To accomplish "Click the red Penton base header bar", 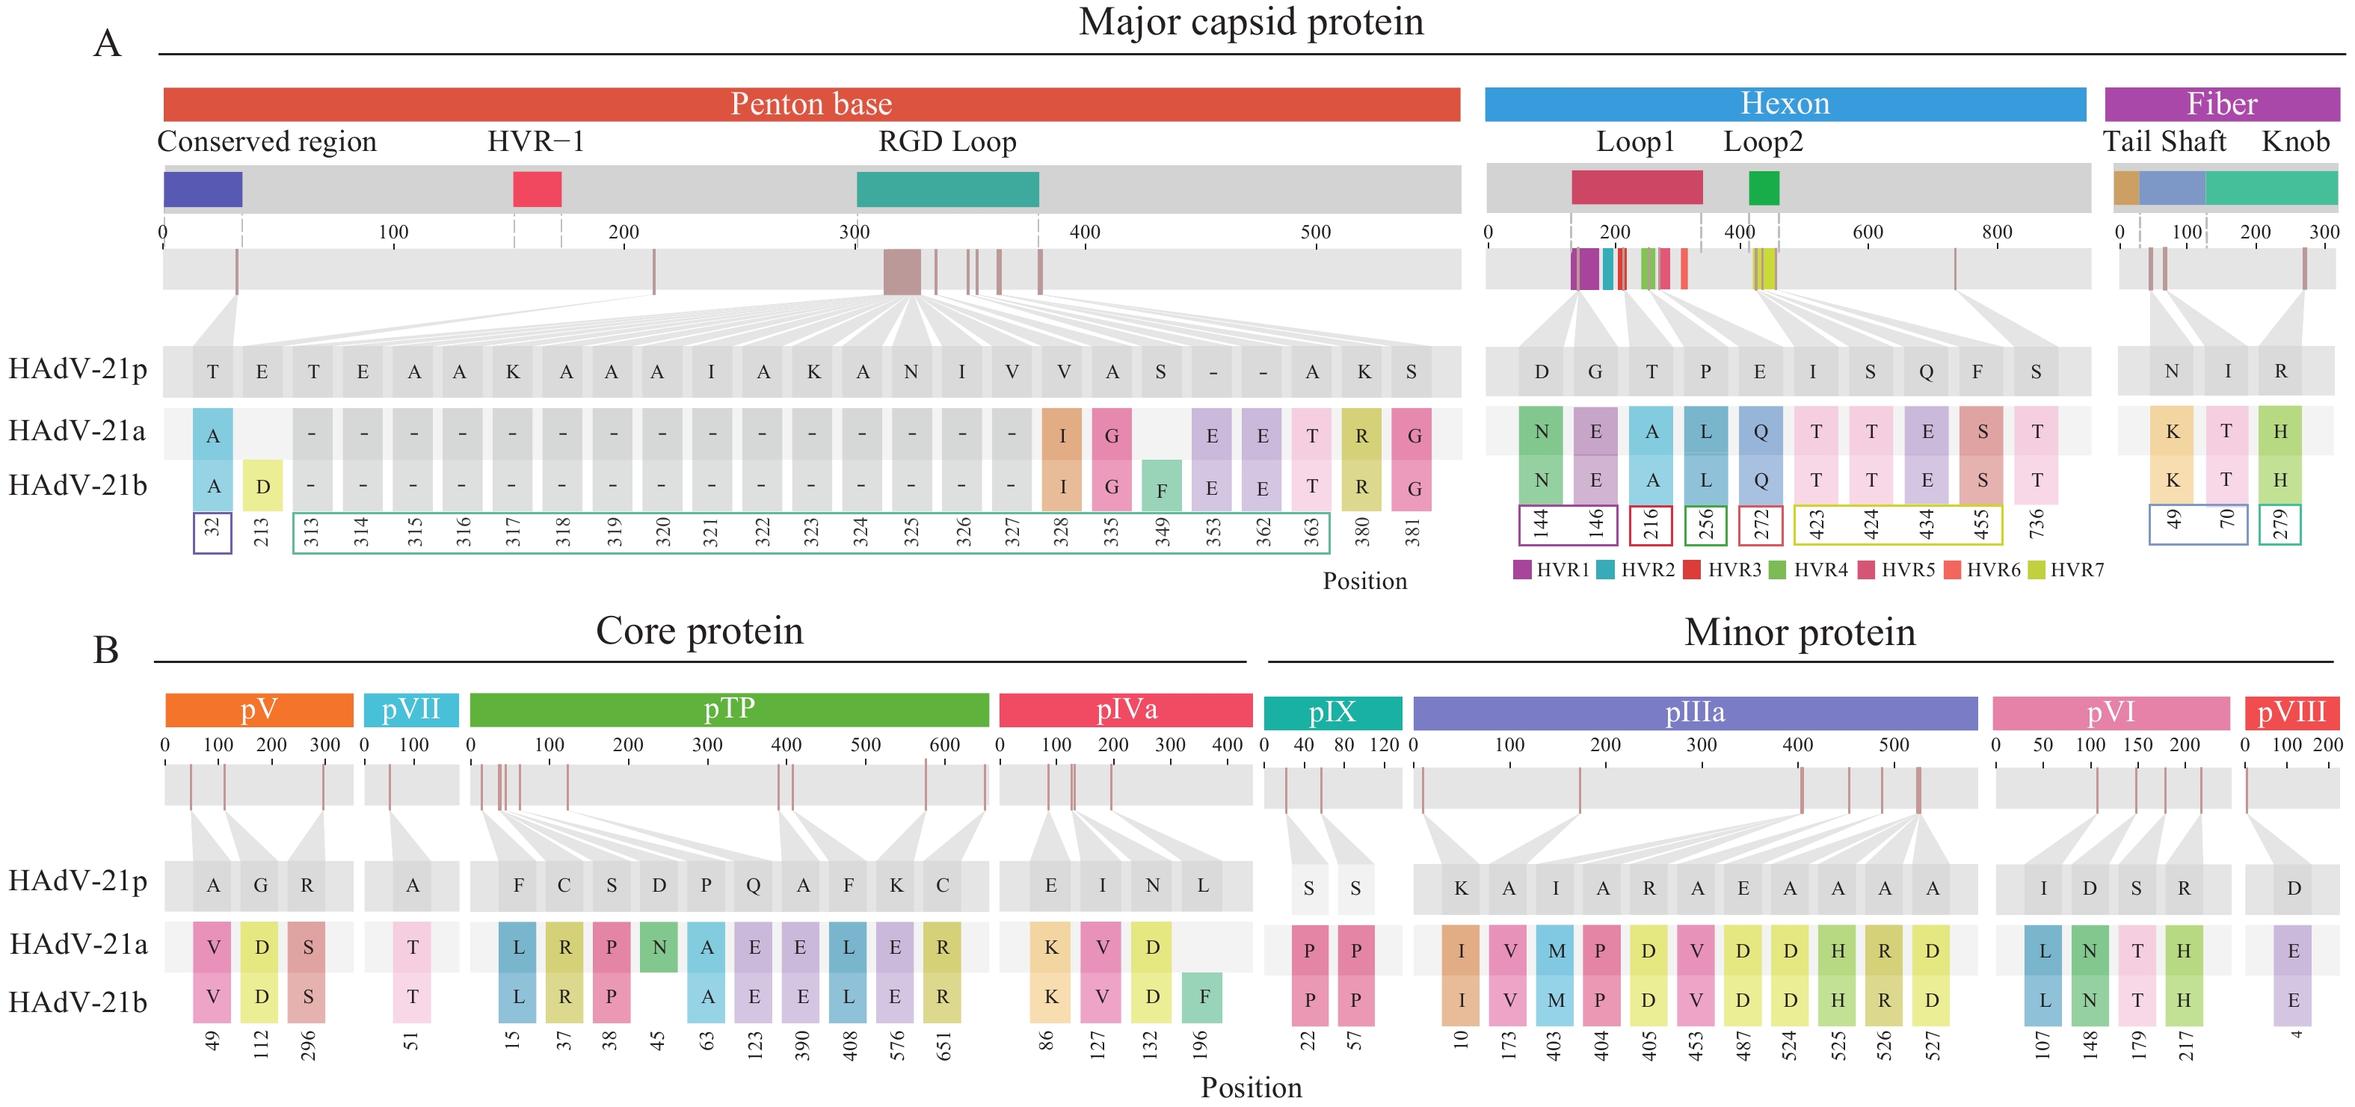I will [811, 104].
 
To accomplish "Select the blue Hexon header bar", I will [1785, 104].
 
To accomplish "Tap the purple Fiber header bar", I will [2221, 104].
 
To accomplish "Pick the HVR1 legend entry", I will [1552, 570].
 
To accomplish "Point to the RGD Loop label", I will [947, 142].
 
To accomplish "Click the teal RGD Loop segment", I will [947, 189].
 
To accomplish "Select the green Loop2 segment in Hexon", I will [1764, 188].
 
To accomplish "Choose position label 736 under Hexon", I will [2036, 525].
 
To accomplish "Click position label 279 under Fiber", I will [2280, 525].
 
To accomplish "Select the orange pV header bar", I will [259, 709].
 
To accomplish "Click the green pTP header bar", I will [729, 709].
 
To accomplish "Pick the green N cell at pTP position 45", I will [658, 948].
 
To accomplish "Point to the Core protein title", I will [699, 631].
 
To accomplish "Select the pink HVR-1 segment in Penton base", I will [537, 189].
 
